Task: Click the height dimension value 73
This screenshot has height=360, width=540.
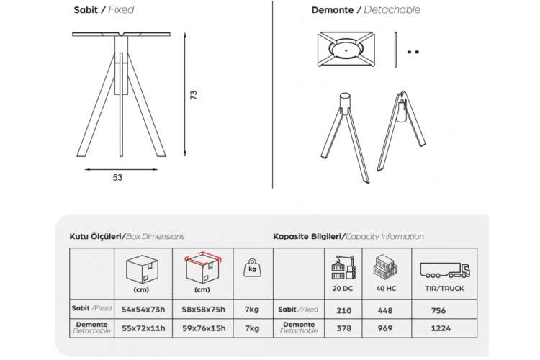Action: (x=194, y=95)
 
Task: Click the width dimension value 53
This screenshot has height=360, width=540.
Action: (x=117, y=177)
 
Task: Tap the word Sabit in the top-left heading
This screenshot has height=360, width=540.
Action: (x=86, y=9)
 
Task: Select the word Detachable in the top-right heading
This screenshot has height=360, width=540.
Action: (x=392, y=9)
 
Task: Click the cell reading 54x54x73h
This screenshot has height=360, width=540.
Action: (x=143, y=310)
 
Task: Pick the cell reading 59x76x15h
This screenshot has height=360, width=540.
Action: (x=204, y=328)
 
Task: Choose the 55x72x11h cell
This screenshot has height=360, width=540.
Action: (x=143, y=328)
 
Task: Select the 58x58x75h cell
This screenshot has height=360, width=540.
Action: (x=204, y=310)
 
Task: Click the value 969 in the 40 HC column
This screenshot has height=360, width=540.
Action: (x=385, y=328)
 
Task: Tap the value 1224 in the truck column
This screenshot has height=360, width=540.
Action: (x=441, y=328)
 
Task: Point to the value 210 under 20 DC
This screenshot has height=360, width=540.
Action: (x=343, y=311)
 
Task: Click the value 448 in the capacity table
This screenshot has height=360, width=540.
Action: (x=385, y=311)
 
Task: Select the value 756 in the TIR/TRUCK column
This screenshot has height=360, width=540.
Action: (x=438, y=311)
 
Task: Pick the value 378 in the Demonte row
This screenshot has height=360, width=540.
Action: (x=343, y=328)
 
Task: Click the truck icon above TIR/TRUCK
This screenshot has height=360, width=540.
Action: (x=445, y=270)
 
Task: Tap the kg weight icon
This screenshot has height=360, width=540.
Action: (x=253, y=268)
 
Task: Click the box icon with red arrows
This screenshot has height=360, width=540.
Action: (x=203, y=269)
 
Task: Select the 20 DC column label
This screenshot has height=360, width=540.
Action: (x=343, y=288)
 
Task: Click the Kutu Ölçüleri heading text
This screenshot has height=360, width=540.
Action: (x=96, y=236)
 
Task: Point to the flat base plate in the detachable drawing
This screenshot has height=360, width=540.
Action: (x=346, y=49)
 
